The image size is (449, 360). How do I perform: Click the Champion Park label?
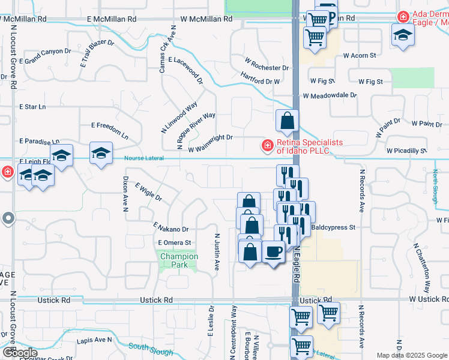179,260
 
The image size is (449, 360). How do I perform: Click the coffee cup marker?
274,252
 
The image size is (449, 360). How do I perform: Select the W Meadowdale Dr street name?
330,95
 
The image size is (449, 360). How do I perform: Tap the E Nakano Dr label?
171,228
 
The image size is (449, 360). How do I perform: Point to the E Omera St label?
174,242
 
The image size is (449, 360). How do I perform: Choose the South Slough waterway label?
147,347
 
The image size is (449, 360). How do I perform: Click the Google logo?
20,353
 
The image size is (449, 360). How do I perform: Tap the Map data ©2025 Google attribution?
411,355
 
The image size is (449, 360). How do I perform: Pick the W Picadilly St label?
406,151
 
